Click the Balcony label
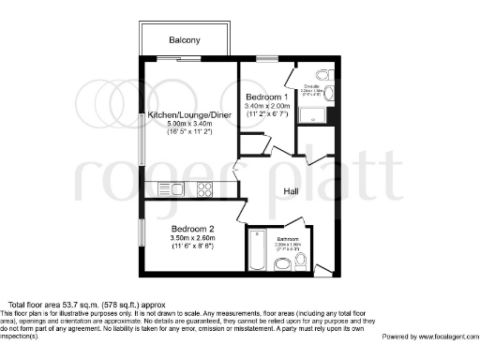point(185,40)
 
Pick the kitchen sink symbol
point(172,188)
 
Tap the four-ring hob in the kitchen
point(204,188)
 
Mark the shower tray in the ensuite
point(313,117)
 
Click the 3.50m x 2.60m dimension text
point(192,238)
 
